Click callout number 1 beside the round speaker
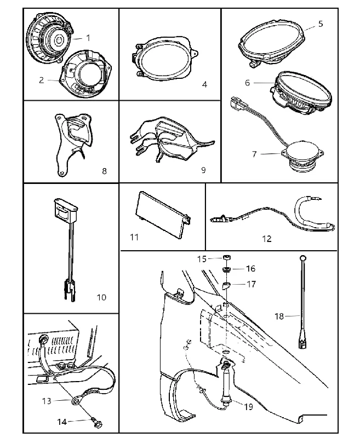[x=88, y=38]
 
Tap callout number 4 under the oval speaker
[x=204, y=84]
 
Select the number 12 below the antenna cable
[x=267, y=239]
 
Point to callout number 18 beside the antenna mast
[x=279, y=316]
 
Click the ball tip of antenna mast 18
[x=303, y=257]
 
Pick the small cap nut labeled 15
[x=227, y=257]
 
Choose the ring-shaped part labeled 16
[x=226, y=269]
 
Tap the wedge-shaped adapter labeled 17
[x=226, y=285]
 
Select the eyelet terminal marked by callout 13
[x=76, y=401]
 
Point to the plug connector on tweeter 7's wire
[x=237, y=103]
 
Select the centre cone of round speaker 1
[x=59, y=40]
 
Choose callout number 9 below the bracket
[x=203, y=170]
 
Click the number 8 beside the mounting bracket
[x=104, y=171]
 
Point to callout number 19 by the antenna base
[x=248, y=406]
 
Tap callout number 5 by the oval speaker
[x=321, y=24]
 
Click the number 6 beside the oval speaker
[x=247, y=83]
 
